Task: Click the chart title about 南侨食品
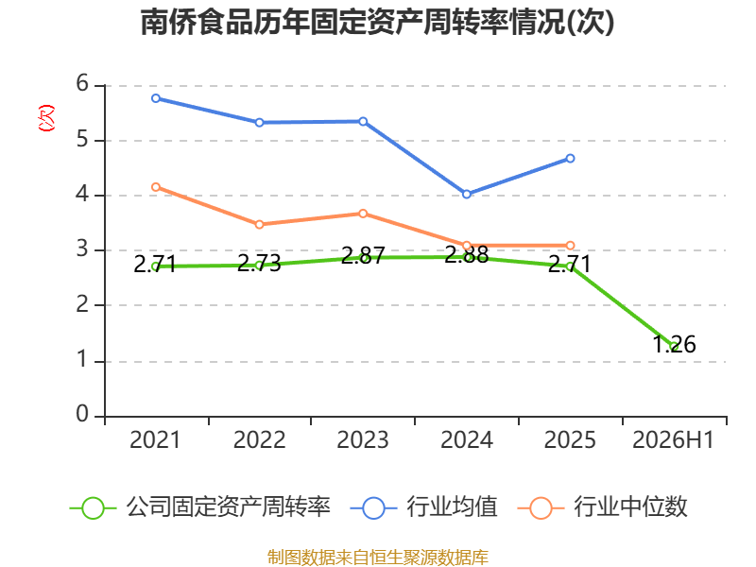377,22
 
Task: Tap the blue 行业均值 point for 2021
156,98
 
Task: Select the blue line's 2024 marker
467,195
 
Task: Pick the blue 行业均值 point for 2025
571,158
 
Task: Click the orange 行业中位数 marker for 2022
259,225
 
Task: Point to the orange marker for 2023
363,214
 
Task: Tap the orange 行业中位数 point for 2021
156,187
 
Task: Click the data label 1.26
674,345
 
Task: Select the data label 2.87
363,255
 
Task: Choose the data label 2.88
467,254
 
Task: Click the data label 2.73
259,264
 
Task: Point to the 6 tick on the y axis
82,84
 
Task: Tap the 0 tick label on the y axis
82,414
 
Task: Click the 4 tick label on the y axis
82,195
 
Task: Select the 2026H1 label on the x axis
673,440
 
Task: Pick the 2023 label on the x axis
363,440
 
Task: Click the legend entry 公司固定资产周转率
200,507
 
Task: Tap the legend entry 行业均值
424,507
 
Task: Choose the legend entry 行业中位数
603,507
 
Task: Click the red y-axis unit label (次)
46,118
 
